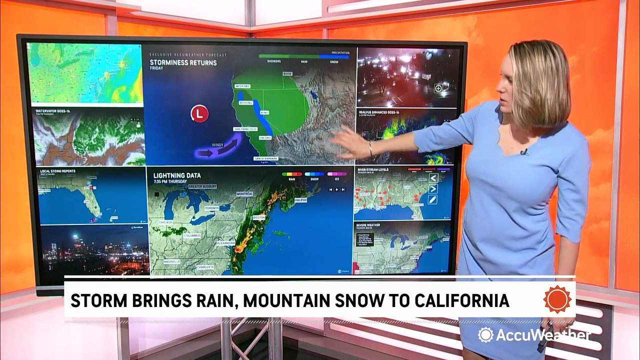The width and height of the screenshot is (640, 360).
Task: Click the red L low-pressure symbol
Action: click(199, 113)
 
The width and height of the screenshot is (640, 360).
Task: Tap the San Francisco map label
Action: click(245, 129)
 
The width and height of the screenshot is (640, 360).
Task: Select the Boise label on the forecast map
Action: click(287, 73)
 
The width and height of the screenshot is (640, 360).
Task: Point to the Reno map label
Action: click(264, 113)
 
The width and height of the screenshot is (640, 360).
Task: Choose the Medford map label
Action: click(242, 86)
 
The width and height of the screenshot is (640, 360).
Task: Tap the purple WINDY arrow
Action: click(220, 148)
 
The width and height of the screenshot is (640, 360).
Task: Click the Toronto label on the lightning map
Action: click(212, 207)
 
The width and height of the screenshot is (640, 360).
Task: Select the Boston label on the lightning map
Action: click(259, 218)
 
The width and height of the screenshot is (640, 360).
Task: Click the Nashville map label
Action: click(171, 261)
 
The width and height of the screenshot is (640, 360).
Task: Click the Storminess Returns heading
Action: click(183, 63)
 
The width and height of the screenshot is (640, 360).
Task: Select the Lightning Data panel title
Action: click(177, 175)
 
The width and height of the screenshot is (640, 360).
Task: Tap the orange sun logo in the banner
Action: click(557, 299)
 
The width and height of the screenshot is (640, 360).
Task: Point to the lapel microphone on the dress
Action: click(523, 152)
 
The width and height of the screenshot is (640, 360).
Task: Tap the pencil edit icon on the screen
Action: click(432, 199)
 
